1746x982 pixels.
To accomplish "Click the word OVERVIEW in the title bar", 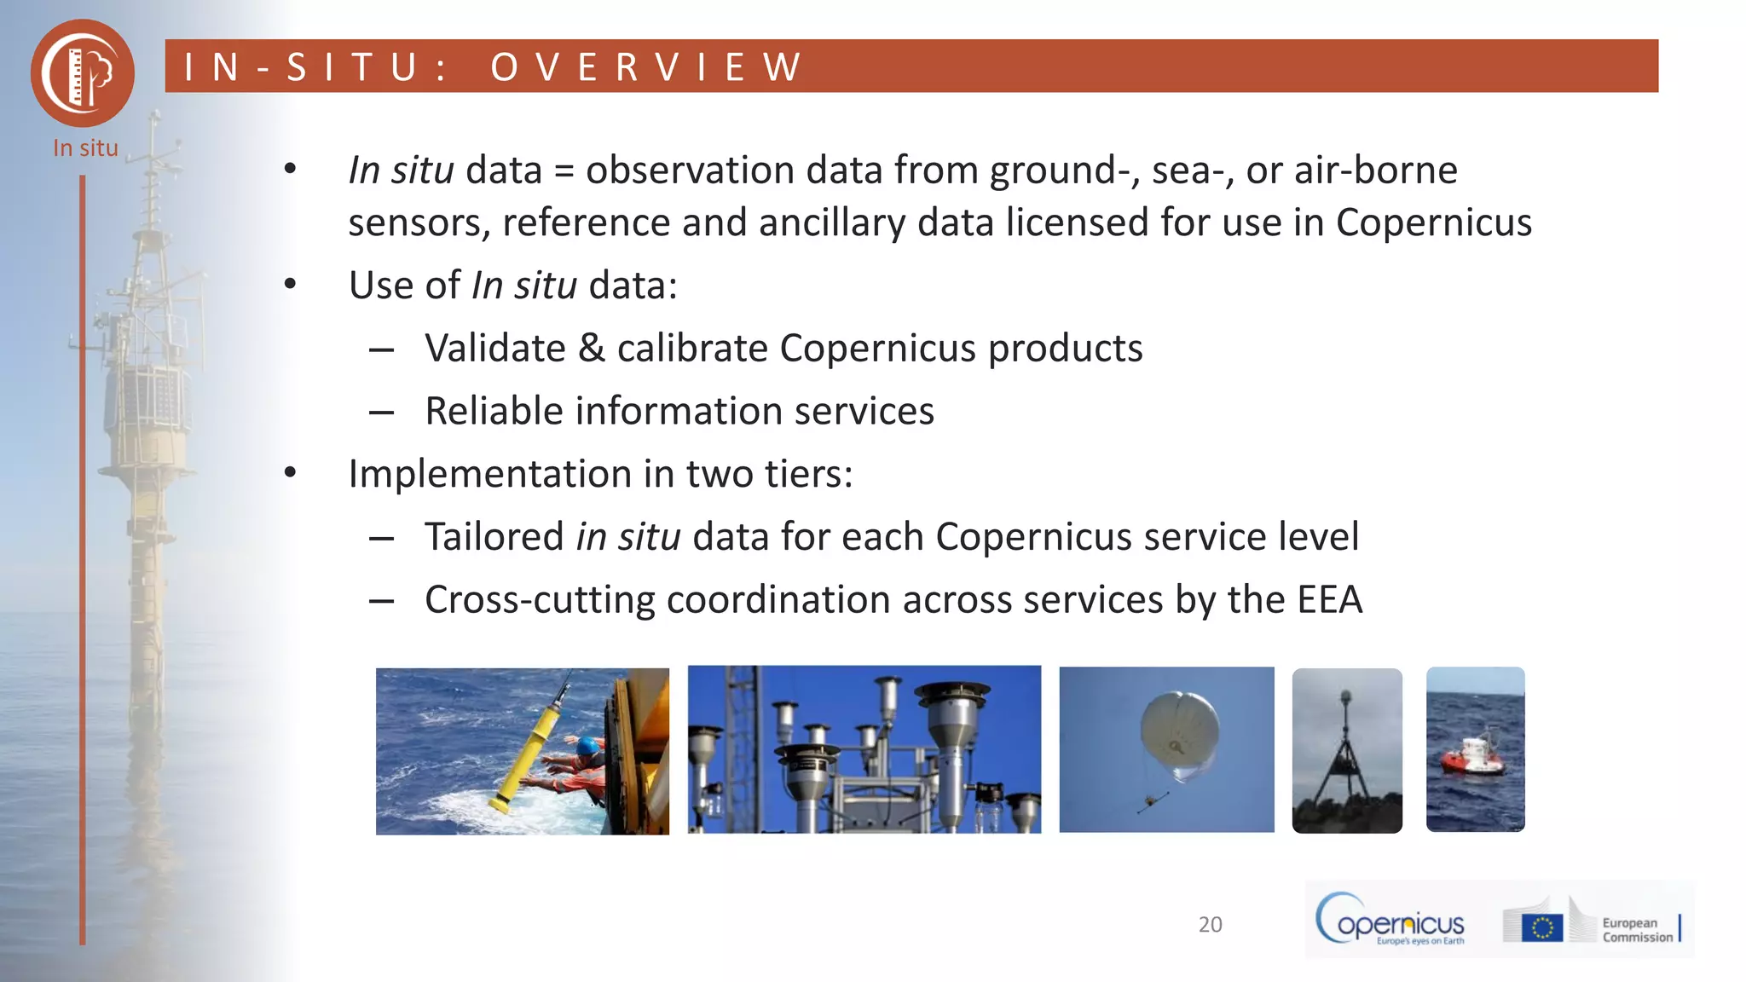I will pyautogui.click(x=646, y=67).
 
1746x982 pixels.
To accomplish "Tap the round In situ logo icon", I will pyautogui.click(x=83, y=73).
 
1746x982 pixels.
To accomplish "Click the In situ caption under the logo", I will pyautogui.click(x=85, y=148).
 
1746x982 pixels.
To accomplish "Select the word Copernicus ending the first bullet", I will pyautogui.click(x=1433, y=222).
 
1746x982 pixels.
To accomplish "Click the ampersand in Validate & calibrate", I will pyautogui.click(x=591, y=349).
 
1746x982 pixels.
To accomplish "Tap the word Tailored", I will pyautogui.click(x=494, y=537).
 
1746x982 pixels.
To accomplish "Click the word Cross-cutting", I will pyautogui.click(x=540, y=600).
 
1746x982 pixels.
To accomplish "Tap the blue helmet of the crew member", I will pyautogui.click(x=588, y=747).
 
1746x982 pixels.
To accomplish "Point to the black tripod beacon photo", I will pyautogui.click(x=1346, y=750).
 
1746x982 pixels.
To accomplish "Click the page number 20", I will pyautogui.click(x=1210, y=925).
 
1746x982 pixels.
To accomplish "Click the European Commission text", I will pyautogui.click(x=1637, y=930).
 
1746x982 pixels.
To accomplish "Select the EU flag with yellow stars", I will pyautogui.click(x=1541, y=927).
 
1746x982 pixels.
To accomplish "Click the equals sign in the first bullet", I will pyautogui.click(x=564, y=170).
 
